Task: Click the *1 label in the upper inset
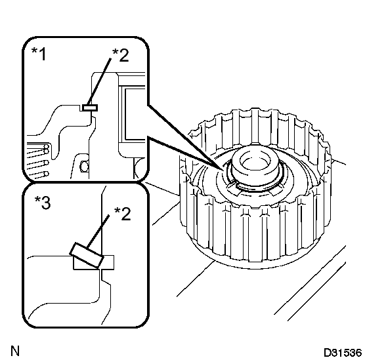point(39,54)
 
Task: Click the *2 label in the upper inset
point(120,55)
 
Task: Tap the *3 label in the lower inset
point(43,202)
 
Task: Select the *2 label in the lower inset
point(123,214)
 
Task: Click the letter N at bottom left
point(15,351)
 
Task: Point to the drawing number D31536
point(343,353)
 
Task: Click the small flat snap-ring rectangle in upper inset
point(90,108)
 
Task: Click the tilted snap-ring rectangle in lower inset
point(87,255)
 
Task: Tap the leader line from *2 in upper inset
point(98,81)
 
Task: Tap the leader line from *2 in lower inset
point(98,231)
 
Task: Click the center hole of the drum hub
point(255,161)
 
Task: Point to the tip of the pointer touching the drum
point(221,169)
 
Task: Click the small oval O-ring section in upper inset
point(84,167)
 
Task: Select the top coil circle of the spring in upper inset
point(47,147)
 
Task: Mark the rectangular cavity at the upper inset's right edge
point(134,114)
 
